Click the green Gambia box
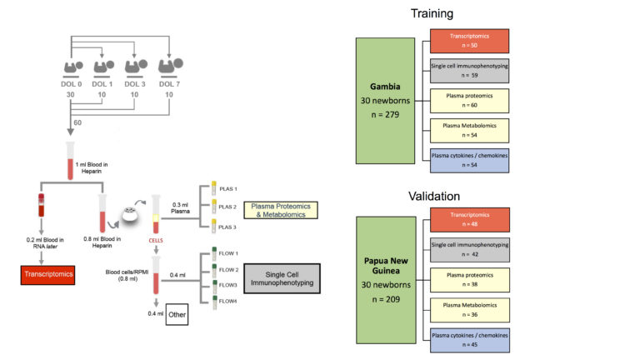click(384, 100)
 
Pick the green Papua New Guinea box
click(384, 279)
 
